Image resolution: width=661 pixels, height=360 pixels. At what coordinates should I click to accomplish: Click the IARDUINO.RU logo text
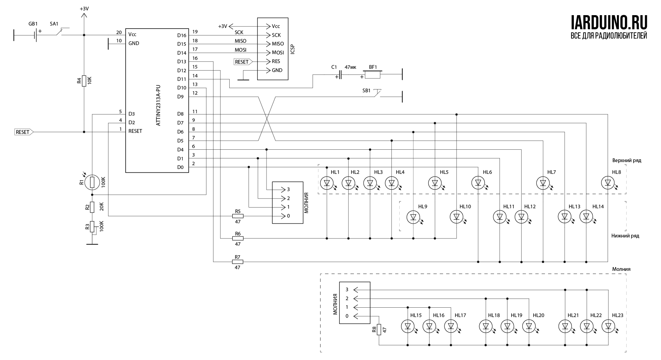click(x=609, y=22)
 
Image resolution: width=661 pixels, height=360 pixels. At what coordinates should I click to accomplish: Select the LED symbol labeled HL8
click(x=608, y=183)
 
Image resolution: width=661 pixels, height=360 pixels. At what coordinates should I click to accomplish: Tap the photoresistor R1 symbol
click(x=92, y=182)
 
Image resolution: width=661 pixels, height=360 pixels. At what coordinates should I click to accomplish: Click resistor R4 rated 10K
click(x=84, y=81)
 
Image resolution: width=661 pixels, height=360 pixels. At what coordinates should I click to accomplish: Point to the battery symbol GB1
click(x=35, y=35)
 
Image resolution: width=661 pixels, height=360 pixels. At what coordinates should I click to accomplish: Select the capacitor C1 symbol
click(x=340, y=75)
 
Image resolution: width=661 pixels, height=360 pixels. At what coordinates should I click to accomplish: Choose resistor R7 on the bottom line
click(x=238, y=262)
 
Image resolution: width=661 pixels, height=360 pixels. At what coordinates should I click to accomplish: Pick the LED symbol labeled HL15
click(x=408, y=326)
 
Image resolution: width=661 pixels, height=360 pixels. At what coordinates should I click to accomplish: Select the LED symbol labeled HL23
click(x=608, y=326)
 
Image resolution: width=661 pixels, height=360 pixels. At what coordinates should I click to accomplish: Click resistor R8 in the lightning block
click(x=379, y=329)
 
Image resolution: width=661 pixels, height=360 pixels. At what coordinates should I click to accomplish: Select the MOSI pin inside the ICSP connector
click(x=278, y=53)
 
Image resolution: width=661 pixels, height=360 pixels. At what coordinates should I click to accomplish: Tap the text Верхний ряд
click(x=627, y=161)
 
